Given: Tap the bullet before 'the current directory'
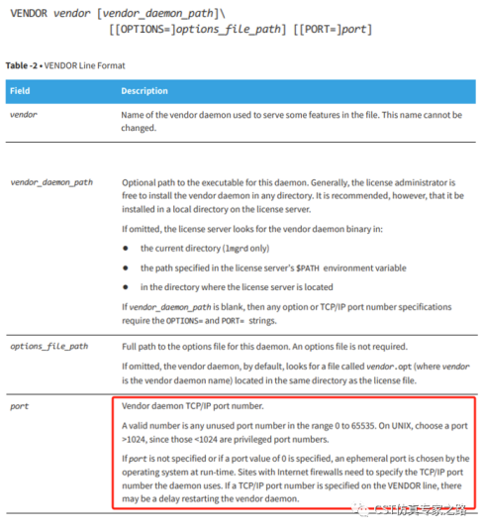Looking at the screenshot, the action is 126,248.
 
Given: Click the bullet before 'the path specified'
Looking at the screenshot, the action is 126,267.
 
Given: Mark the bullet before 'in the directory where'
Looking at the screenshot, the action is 126,287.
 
